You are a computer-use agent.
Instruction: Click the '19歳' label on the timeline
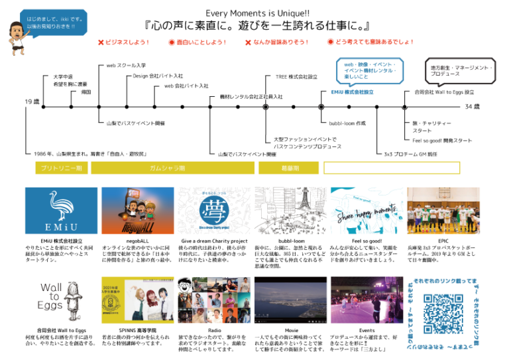[x=32, y=101]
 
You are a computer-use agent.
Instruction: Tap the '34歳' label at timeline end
[x=472, y=106]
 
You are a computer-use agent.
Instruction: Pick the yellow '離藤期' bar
[x=289, y=168]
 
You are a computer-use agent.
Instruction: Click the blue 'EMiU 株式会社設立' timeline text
[x=351, y=92]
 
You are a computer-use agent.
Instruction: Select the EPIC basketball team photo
[x=443, y=210]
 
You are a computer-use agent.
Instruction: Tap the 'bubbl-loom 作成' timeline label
[x=347, y=123]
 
